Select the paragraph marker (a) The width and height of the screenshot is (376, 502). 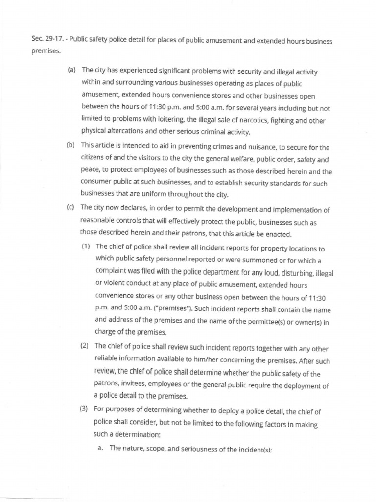(x=71, y=70)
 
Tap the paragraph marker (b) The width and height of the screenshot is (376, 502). (x=70, y=145)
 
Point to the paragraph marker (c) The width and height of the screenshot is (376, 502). (x=70, y=207)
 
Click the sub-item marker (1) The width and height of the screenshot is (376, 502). (x=87, y=246)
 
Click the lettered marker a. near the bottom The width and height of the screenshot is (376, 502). (x=100, y=448)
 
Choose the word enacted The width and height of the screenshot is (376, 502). (x=278, y=233)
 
